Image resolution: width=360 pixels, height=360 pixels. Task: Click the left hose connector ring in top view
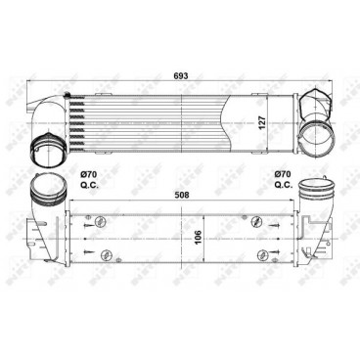(46, 151)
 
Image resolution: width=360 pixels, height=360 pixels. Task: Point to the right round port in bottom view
(316, 189)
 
